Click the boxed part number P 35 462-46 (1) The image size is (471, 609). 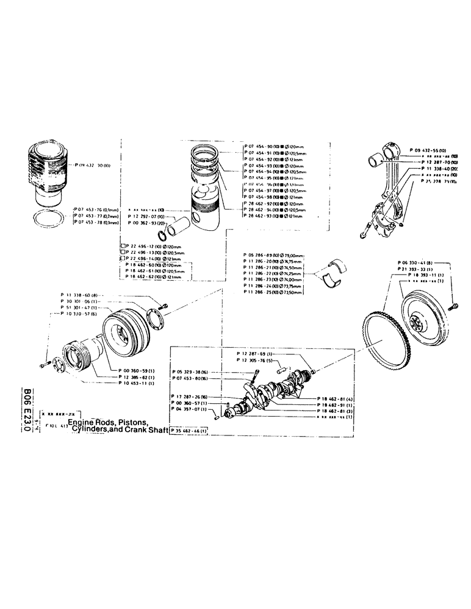point(190,431)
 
